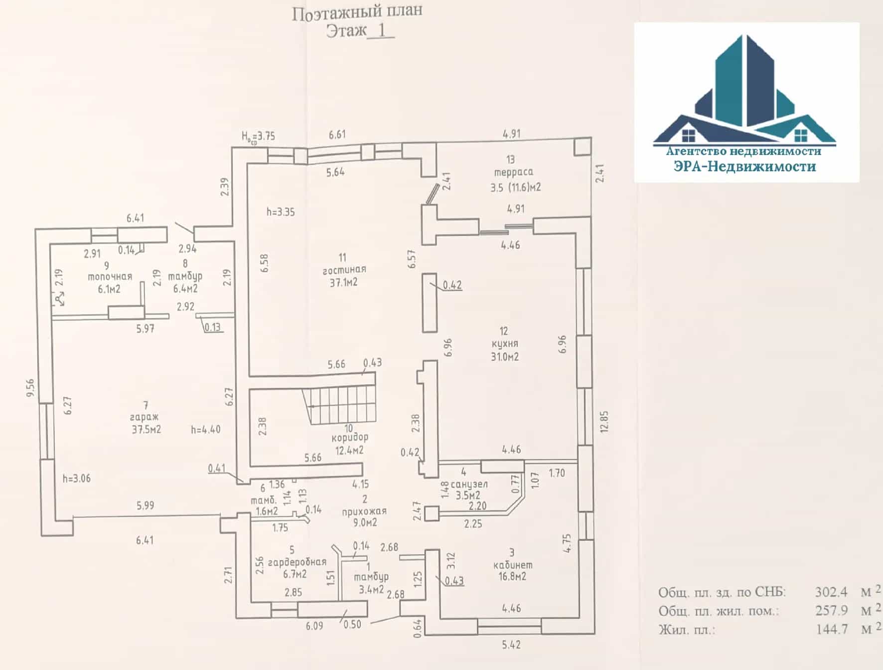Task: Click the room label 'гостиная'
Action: [x=344, y=270]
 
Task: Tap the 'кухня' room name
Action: [x=504, y=344]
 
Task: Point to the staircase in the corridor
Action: [x=339, y=406]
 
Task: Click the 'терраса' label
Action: [x=514, y=172]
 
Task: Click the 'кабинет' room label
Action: [x=513, y=565]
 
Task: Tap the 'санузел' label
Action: [x=469, y=484]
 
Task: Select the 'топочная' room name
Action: [x=110, y=277]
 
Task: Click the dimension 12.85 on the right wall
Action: [x=604, y=422]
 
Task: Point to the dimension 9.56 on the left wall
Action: [x=30, y=388]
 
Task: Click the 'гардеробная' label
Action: [x=297, y=562]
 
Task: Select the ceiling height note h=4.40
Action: [x=206, y=429]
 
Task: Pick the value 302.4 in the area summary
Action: [x=831, y=592]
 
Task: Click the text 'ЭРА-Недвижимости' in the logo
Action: [x=744, y=166]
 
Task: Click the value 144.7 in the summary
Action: [x=832, y=629]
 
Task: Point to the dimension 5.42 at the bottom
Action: [x=511, y=645]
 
